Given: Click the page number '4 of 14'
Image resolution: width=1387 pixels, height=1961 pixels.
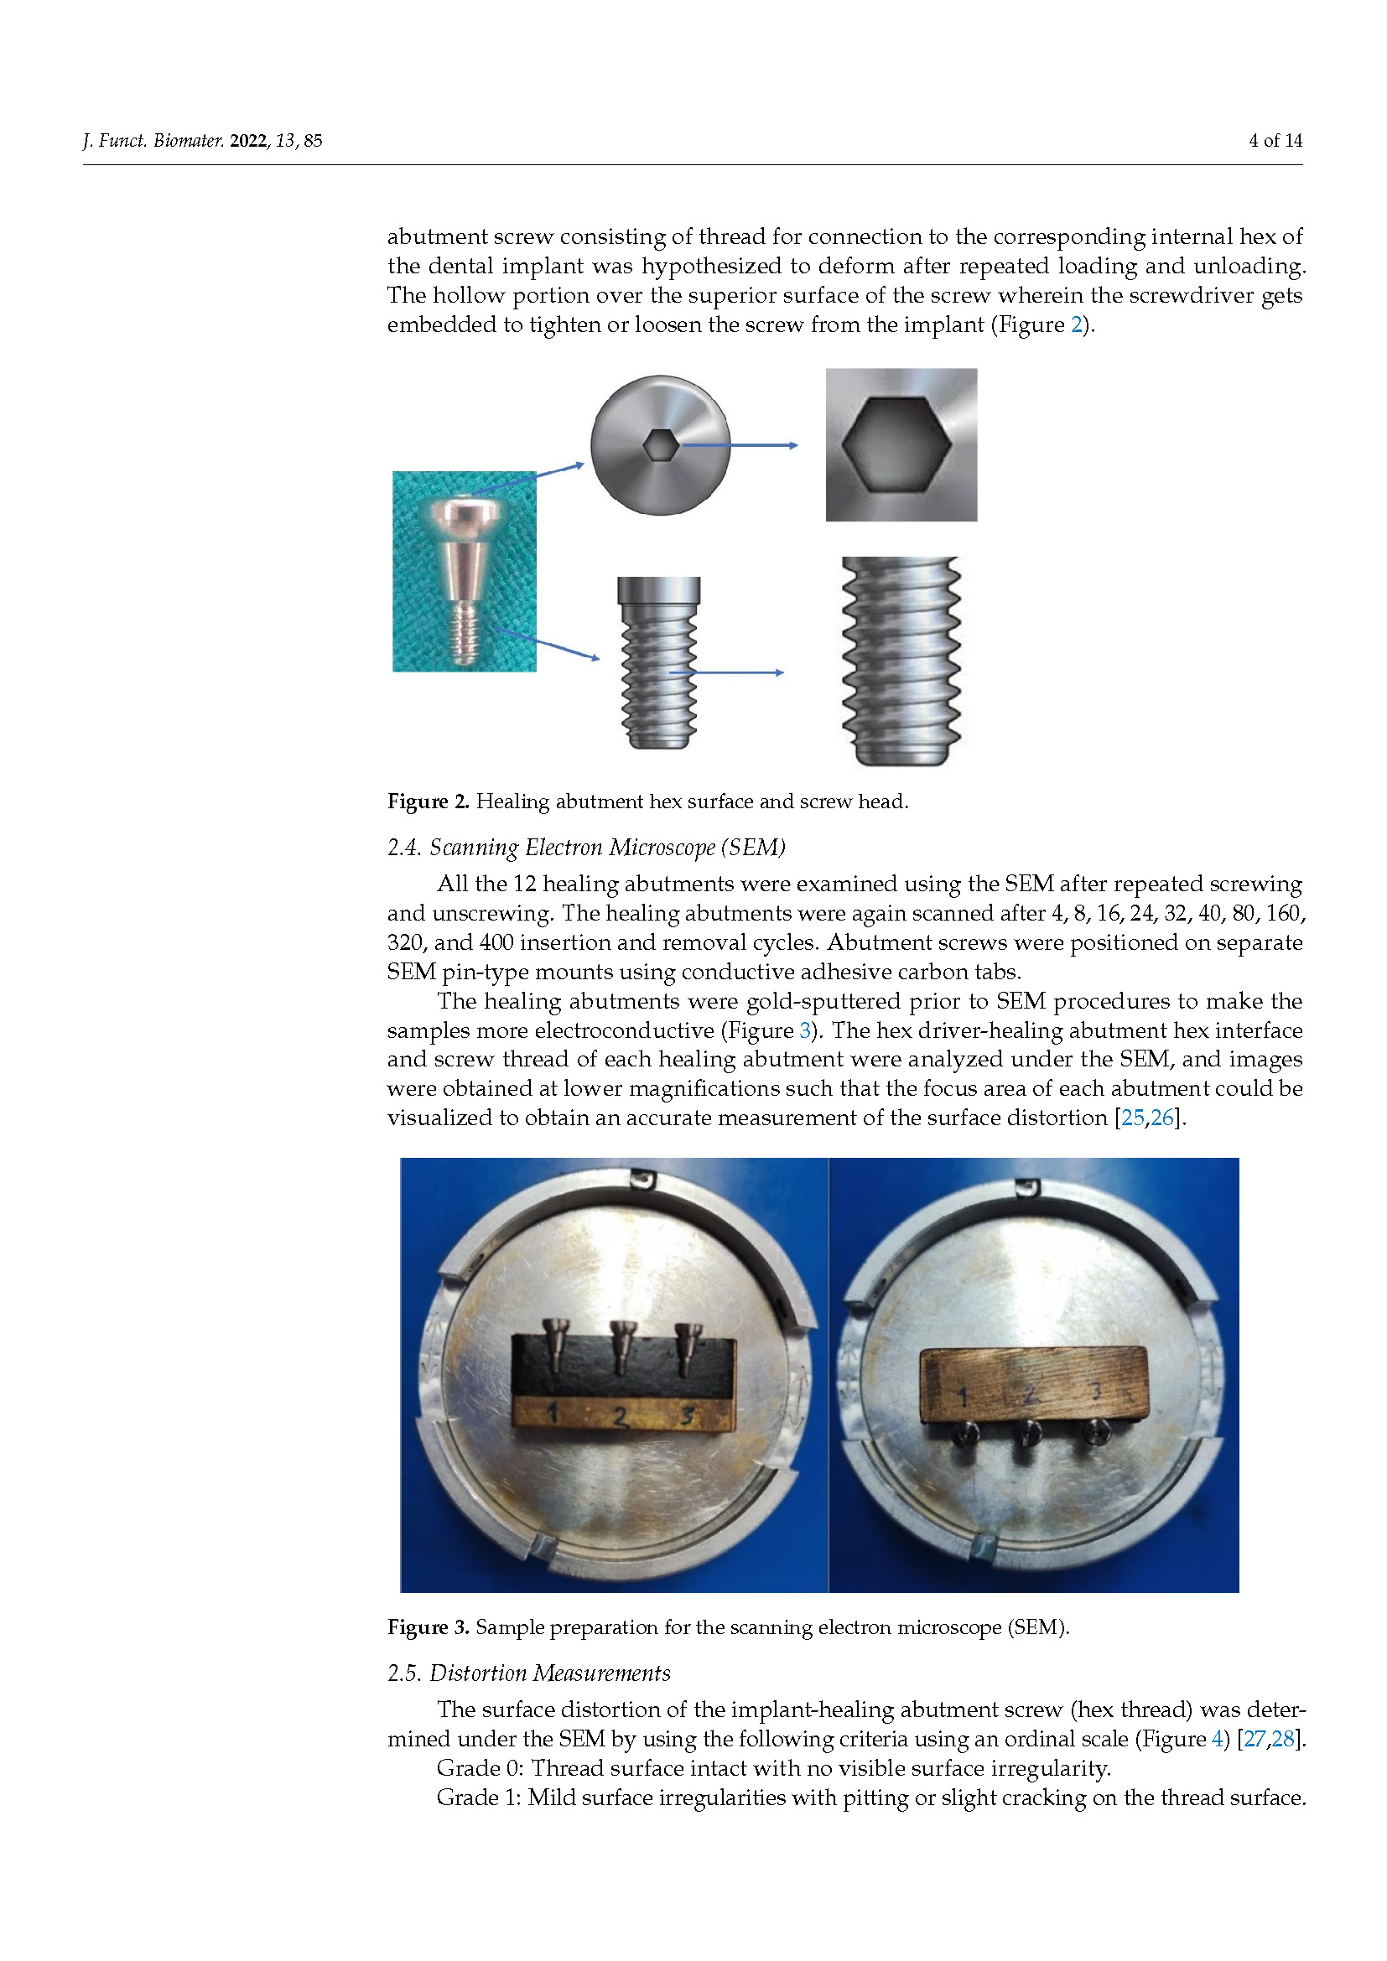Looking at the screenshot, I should click(x=1275, y=141).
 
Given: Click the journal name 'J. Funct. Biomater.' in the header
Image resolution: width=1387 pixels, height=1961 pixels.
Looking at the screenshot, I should click(x=153, y=141).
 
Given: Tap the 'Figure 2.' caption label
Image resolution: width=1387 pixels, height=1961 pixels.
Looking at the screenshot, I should click(x=428, y=802).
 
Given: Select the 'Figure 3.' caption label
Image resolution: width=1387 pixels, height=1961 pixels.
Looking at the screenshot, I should click(x=428, y=1627).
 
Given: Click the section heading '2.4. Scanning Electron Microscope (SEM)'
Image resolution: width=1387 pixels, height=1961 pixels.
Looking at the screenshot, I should click(x=586, y=848).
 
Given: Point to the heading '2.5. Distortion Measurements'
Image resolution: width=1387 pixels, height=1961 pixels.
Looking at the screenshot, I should click(x=528, y=1673).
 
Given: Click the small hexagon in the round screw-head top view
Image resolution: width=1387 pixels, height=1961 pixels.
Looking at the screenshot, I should click(x=660, y=445).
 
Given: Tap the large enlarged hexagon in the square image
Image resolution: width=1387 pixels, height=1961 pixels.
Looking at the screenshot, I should click(x=896, y=444).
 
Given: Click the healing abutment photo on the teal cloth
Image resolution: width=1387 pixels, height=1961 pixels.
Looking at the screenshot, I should click(x=465, y=571).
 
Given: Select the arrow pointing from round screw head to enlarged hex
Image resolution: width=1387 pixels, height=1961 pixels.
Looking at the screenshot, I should click(x=740, y=445).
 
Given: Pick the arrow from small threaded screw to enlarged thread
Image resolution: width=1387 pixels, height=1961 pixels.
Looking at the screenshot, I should click(x=726, y=673).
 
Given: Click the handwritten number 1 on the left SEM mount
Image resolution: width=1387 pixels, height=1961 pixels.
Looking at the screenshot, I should click(x=553, y=1413).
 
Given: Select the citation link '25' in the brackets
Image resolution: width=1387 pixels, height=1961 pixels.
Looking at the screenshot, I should click(x=1131, y=1118).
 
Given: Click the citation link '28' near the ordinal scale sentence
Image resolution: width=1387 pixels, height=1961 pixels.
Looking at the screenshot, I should click(x=1283, y=1739).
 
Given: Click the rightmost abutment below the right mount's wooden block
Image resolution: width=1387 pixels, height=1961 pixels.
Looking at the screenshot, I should click(x=1095, y=1432).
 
